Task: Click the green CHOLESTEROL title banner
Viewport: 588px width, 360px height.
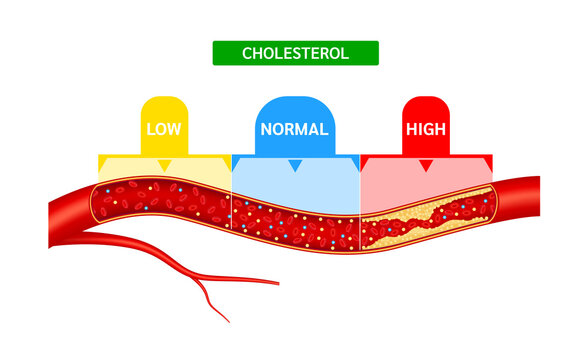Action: click(x=295, y=53)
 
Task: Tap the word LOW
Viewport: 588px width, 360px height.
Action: click(x=165, y=129)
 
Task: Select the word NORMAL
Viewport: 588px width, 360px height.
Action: click(x=295, y=129)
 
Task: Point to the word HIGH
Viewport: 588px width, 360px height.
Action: click(x=425, y=129)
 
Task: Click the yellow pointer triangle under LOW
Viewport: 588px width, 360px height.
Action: click(x=165, y=164)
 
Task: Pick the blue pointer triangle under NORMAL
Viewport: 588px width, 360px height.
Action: click(x=295, y=164)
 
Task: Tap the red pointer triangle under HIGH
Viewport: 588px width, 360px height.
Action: click(x=426, y=164)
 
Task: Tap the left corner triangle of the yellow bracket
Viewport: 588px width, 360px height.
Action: click(x=103, y=160)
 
